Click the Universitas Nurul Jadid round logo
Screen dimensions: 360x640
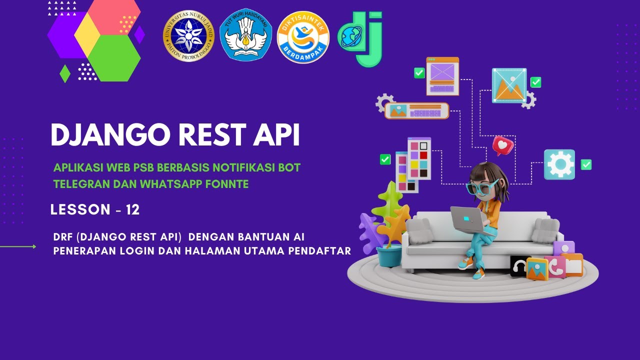pyautogui.click(x=188, y=36)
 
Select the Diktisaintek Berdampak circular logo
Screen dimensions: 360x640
pyautogui.click(x=303, y=37)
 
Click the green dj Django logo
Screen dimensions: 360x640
pyautogui.click(x=361, y=38)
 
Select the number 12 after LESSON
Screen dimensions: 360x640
pyautogui.click(x=132, y=210)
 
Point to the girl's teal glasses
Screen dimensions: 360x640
pyautogui.click(x=481, y=187)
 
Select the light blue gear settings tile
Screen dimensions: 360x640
pyautogui.click(x=559, y=164)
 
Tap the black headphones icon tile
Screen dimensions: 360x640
pyautogui.click(x=518, y=266)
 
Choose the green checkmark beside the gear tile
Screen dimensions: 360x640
pyautogui.click(x=586, y=164)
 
